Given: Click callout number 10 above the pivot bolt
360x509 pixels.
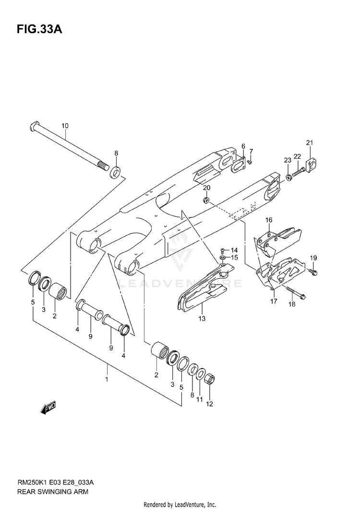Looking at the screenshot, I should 65,126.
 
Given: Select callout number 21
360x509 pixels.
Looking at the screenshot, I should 309,142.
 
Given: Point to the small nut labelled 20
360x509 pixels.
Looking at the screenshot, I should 206,199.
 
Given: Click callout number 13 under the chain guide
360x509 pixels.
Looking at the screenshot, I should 202,318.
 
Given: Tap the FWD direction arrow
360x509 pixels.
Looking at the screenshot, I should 48,408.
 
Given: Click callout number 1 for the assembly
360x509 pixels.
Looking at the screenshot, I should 107,379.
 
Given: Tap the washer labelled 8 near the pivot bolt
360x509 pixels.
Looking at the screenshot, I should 115,171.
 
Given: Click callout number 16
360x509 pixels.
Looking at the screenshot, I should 269,220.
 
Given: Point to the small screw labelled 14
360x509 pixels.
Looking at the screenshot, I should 222,250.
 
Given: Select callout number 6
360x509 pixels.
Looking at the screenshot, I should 243,146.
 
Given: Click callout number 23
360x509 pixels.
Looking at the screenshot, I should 287,160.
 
